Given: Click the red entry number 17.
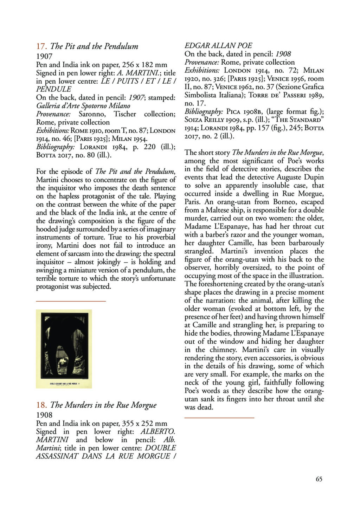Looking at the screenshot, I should pyautogui.click(x=41, y=46).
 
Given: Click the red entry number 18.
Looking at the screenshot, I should pyautogui.click(x=41, y=405).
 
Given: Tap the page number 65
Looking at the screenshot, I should pyautogui.click(x=319, y=479).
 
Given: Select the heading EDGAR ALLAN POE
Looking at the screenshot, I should pyautogui.click(x=218, y=46).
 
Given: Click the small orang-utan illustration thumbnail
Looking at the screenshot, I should pyautogui.click(x=64, y=348).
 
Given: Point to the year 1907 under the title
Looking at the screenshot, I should pyautogui.click(x=44, y=56).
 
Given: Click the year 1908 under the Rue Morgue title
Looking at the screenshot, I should pyautogui.click(x=44, y=415).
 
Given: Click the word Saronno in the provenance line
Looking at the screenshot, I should pyautogui.click(x=91, y=114).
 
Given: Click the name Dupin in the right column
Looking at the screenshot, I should pyautogui.click(x=314, y=177).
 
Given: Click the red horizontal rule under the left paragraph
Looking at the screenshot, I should pyautogui.click(x=71, y=301).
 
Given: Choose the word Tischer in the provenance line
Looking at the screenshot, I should pyautogui.click(x=125, y=114).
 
